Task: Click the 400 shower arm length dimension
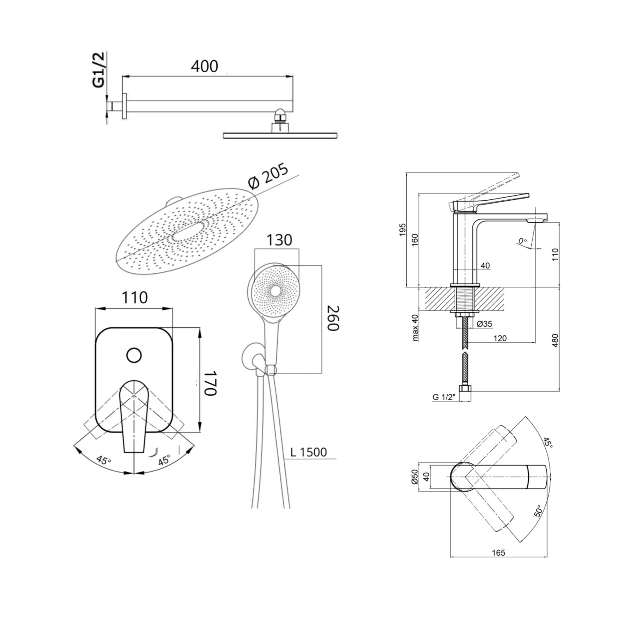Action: (205, 66)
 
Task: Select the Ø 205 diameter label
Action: (268, 176)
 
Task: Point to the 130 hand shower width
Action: (279, 240)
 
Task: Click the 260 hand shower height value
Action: (333, 318)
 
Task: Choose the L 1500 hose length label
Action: (309, 452)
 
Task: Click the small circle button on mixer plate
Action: (134, 355)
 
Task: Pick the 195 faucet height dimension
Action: (403, 230)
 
